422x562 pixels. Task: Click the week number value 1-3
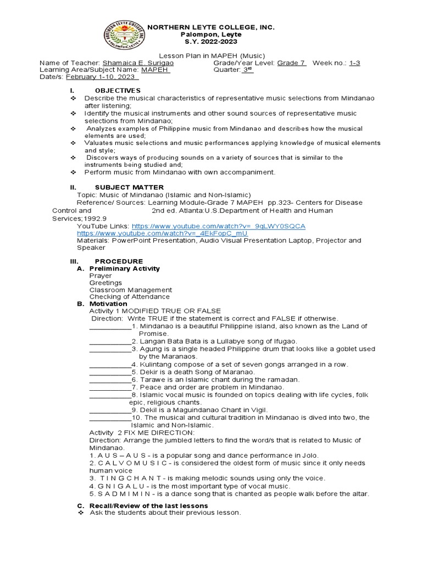pos(354,63)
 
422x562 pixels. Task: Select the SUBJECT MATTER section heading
pos(129,187)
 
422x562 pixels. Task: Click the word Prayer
pos(101,276)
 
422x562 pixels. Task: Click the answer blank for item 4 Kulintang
pos(109,364)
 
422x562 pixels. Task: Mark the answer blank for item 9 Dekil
pos(109,410)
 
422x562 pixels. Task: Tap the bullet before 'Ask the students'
pos(80,513)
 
